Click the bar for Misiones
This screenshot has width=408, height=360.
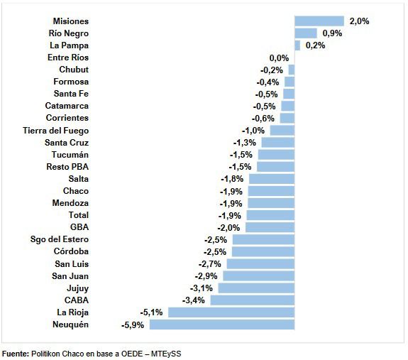(x=319, y=21)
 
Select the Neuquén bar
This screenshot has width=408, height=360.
(x=222, y=324)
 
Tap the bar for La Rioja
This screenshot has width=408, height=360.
(x=231, y=312)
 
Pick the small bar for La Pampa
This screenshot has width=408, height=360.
(x=297, y=45)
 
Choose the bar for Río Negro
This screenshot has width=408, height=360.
(x=306, y=33)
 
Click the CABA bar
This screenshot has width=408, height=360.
(x=253, y=300)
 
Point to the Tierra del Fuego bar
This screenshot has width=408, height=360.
(x=282, y=131)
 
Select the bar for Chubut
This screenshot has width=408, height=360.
(x=292, y=70)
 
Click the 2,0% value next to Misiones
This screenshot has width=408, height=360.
(x=359, y=21)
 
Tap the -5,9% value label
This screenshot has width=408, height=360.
(x=133, y=325)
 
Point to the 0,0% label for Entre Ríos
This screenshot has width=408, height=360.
(x=279, y=58)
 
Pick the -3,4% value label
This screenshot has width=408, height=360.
(x=193, y=300)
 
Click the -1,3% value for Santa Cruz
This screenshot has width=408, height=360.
(x=245, y=143)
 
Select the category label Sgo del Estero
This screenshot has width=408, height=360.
(x=60, y=239)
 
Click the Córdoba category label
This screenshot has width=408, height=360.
(x=71, y=251)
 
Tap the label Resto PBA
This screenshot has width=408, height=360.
(x=67, y=167)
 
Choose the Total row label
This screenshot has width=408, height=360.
(x=79, y=215)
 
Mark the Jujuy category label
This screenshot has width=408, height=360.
(x=77, y=288)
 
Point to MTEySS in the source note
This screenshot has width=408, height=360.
(x=166, y=354)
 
